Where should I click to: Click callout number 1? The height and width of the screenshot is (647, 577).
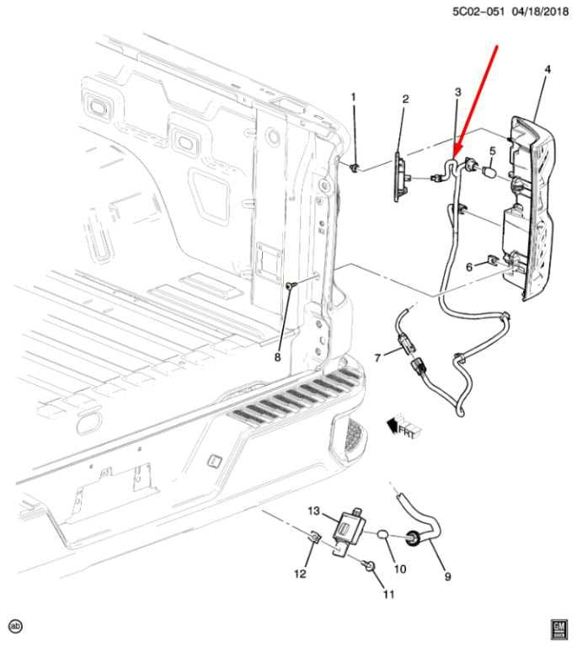pyautogui.click(x=354, y=98)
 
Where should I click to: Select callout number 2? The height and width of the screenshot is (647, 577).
pyautogui.click(x=405, y=99)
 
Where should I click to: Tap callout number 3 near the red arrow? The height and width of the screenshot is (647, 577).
pyautogui.click(x=457, y=92)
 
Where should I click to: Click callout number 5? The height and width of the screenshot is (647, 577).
pyautogui.click(x=494, y=152)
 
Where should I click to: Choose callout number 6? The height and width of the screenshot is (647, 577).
pyautogui.click(x=469, y=266)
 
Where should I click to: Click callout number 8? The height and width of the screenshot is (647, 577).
pyautogui.click(x=277, y=356)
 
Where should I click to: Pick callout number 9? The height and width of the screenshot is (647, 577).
pyautogui.click(x=447, y=576)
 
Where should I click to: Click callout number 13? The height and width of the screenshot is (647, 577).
pyautogui.click(x=313, y=511)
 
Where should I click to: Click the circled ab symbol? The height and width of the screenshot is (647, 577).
pyautogui.click(x=15, y=626)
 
